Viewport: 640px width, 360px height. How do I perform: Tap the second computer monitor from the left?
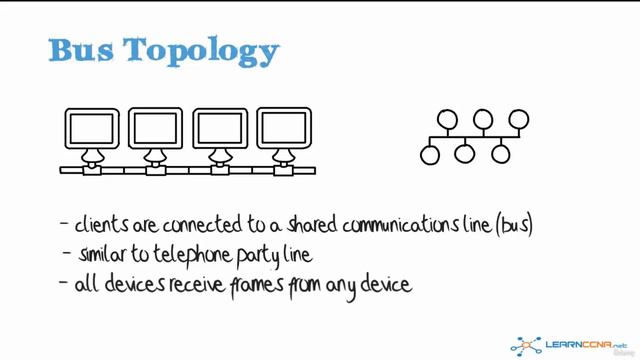coord(157,129)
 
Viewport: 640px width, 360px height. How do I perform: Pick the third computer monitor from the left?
coord(221,129)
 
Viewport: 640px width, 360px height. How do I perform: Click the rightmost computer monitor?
coord(285,129)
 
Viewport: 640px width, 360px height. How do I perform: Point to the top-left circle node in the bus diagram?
coord(449,120)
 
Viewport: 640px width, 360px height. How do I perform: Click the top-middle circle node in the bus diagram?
coord(484,120)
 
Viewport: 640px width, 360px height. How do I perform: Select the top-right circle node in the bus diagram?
coord(518,120)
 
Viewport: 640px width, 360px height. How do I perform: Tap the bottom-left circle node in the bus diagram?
coord(431,155)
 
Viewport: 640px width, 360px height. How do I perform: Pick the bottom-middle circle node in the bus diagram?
coord(465,155)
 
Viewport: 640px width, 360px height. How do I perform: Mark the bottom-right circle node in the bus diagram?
coord(500,155)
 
